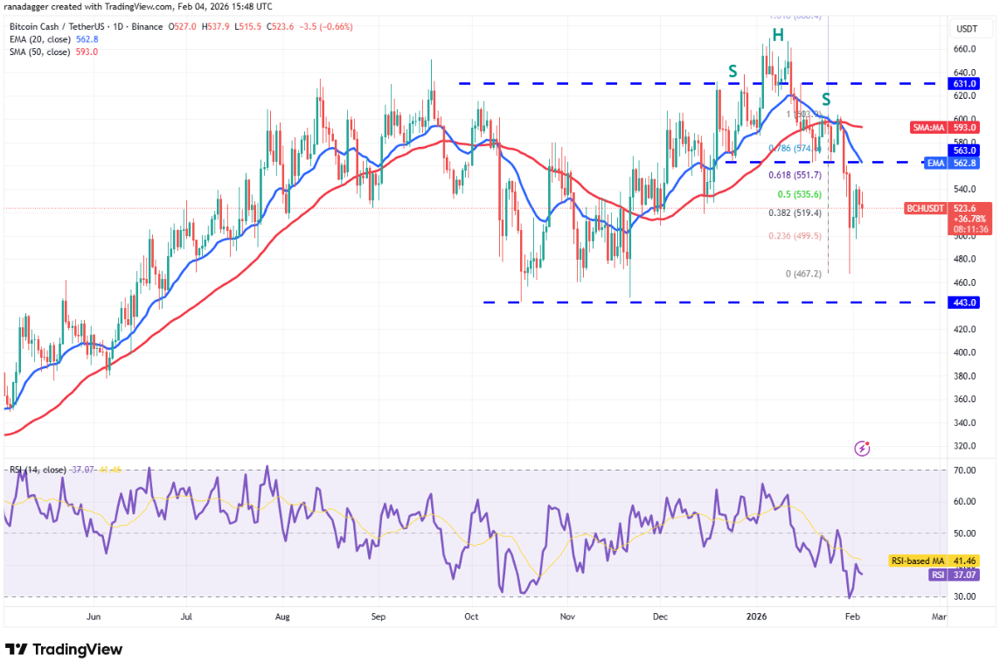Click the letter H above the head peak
(777, 35)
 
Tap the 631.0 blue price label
(965, 84)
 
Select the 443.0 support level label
(965, 303)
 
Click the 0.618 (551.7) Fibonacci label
(794, 175)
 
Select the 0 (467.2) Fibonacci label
(803, 274)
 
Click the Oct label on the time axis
(471, 617)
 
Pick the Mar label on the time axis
(940, 617)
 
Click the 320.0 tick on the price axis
(963, 446)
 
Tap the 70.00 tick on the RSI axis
(963, 470)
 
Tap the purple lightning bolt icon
(863, 449)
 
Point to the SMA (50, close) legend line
(52, 52)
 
